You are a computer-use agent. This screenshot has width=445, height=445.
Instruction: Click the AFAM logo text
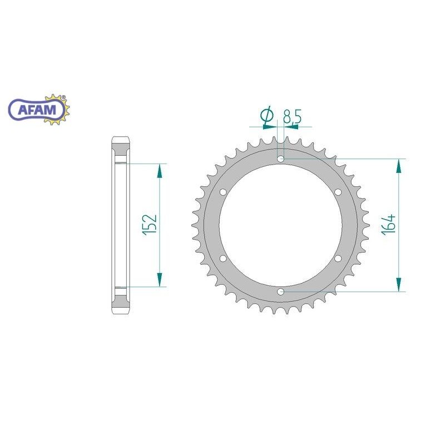click(37, 110)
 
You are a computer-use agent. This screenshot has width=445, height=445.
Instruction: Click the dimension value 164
click(388, 225)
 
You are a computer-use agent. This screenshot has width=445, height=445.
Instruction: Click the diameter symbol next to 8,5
click(268, 116)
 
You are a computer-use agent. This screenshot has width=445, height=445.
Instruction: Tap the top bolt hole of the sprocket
click(281, 159)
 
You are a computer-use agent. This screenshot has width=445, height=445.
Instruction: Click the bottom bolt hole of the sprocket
click(281, 291)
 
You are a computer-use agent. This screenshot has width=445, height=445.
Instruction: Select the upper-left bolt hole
click(224, 192)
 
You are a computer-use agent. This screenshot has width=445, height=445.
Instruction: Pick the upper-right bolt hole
click(338, 192)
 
